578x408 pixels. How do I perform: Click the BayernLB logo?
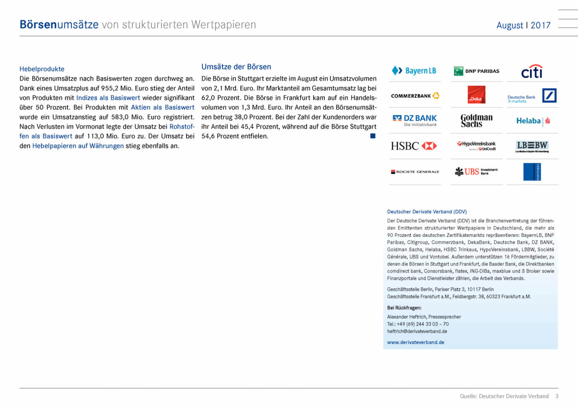[x=414, y=71]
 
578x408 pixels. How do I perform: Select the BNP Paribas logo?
[x=476, y=71]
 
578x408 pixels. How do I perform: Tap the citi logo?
[x=532, y=71]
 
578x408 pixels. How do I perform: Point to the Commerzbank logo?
[x=415, y=96]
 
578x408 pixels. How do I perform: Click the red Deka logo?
[x=476, y=95]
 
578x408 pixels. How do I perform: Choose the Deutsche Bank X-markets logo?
[x=532, y=96]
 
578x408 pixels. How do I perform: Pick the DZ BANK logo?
[x=415, y=120]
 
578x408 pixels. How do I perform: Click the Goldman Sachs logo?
[x=476, y=120]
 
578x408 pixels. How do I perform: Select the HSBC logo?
[x=414, y=146]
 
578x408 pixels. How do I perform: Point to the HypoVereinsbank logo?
[x=476, y=146]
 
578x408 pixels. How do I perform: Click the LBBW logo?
[x=532, y=146]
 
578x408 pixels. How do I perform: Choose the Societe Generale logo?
[x=415, y=172]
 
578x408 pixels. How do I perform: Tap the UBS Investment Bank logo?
[x=476, y=172]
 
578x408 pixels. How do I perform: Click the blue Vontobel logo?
[x=532, y=172]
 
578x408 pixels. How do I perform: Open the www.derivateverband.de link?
[x=415, y=342]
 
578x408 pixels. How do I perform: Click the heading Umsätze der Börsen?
[x=236, y=67]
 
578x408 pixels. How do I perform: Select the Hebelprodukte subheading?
[x=42, y=69]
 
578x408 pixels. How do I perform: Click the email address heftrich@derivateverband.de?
[x=417, y=331]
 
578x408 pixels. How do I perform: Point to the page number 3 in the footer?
[x=557, y=396]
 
